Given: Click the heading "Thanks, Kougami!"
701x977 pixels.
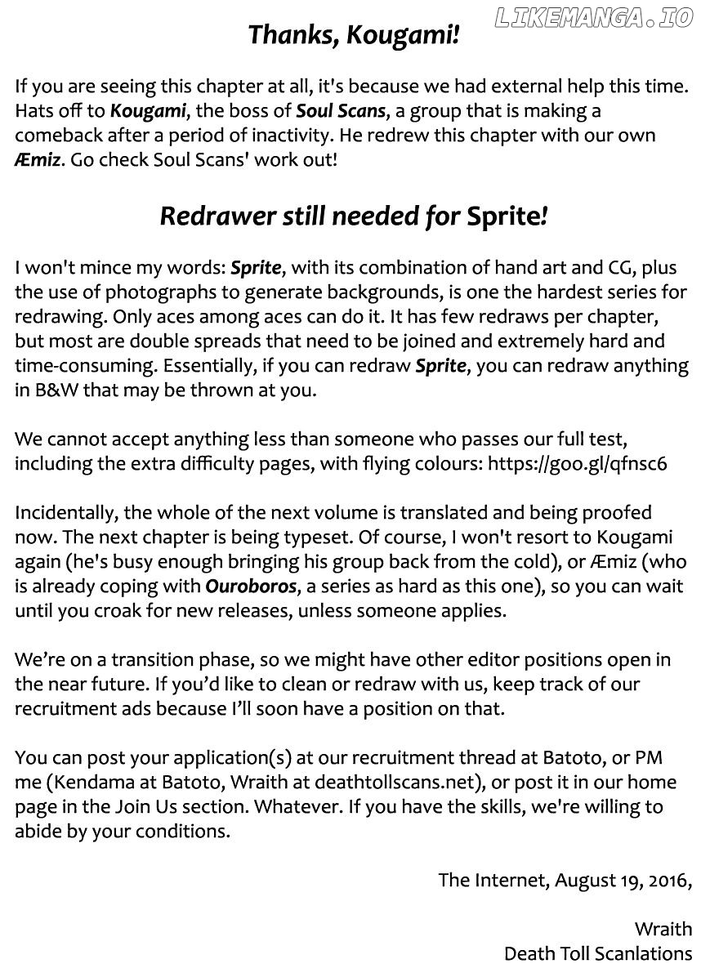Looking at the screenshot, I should click(354, 35).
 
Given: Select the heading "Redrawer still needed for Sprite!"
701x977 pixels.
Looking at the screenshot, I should click(354, 216).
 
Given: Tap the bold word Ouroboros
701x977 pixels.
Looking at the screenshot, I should click(242, 586).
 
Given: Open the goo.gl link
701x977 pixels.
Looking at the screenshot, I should click(577, 464).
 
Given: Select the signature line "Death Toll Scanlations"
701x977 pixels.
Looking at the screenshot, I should click(597, 953).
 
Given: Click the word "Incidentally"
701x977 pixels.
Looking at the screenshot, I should click(60, 512).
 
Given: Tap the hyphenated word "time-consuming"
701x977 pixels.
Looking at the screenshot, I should click(85, 365).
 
